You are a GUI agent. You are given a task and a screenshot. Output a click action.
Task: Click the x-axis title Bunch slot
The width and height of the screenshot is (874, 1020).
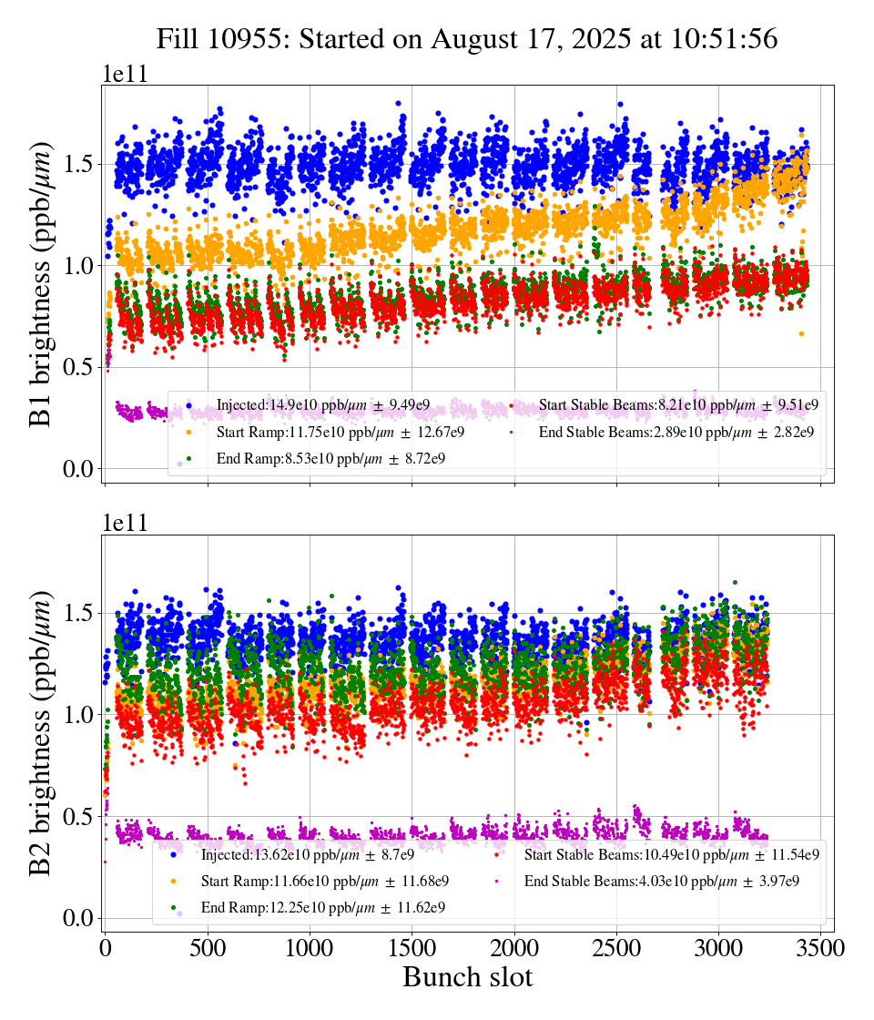click(467, 977)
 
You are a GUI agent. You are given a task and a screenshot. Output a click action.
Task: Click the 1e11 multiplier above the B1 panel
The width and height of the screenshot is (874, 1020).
click(125, 74)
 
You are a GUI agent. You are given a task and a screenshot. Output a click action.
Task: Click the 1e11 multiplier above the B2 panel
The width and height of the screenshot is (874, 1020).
click(125, 523)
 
